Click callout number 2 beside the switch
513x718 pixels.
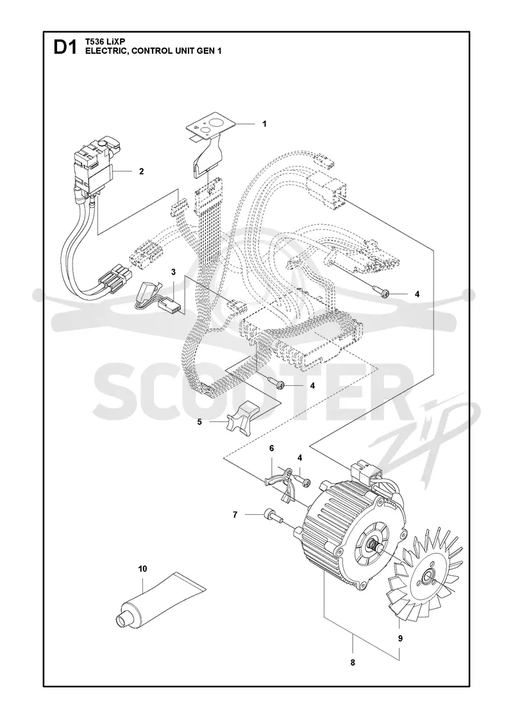click(x=142, y=171)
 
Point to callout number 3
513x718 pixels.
click(x=174, y=272)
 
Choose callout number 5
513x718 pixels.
click(x=199, y=422)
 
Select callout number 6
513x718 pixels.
click(x=271, y=461)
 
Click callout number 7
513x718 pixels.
click(x=235, y=515)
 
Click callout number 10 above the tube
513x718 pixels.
click(x=142, y=569)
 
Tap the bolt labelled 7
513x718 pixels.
click(x=273, y=516)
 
